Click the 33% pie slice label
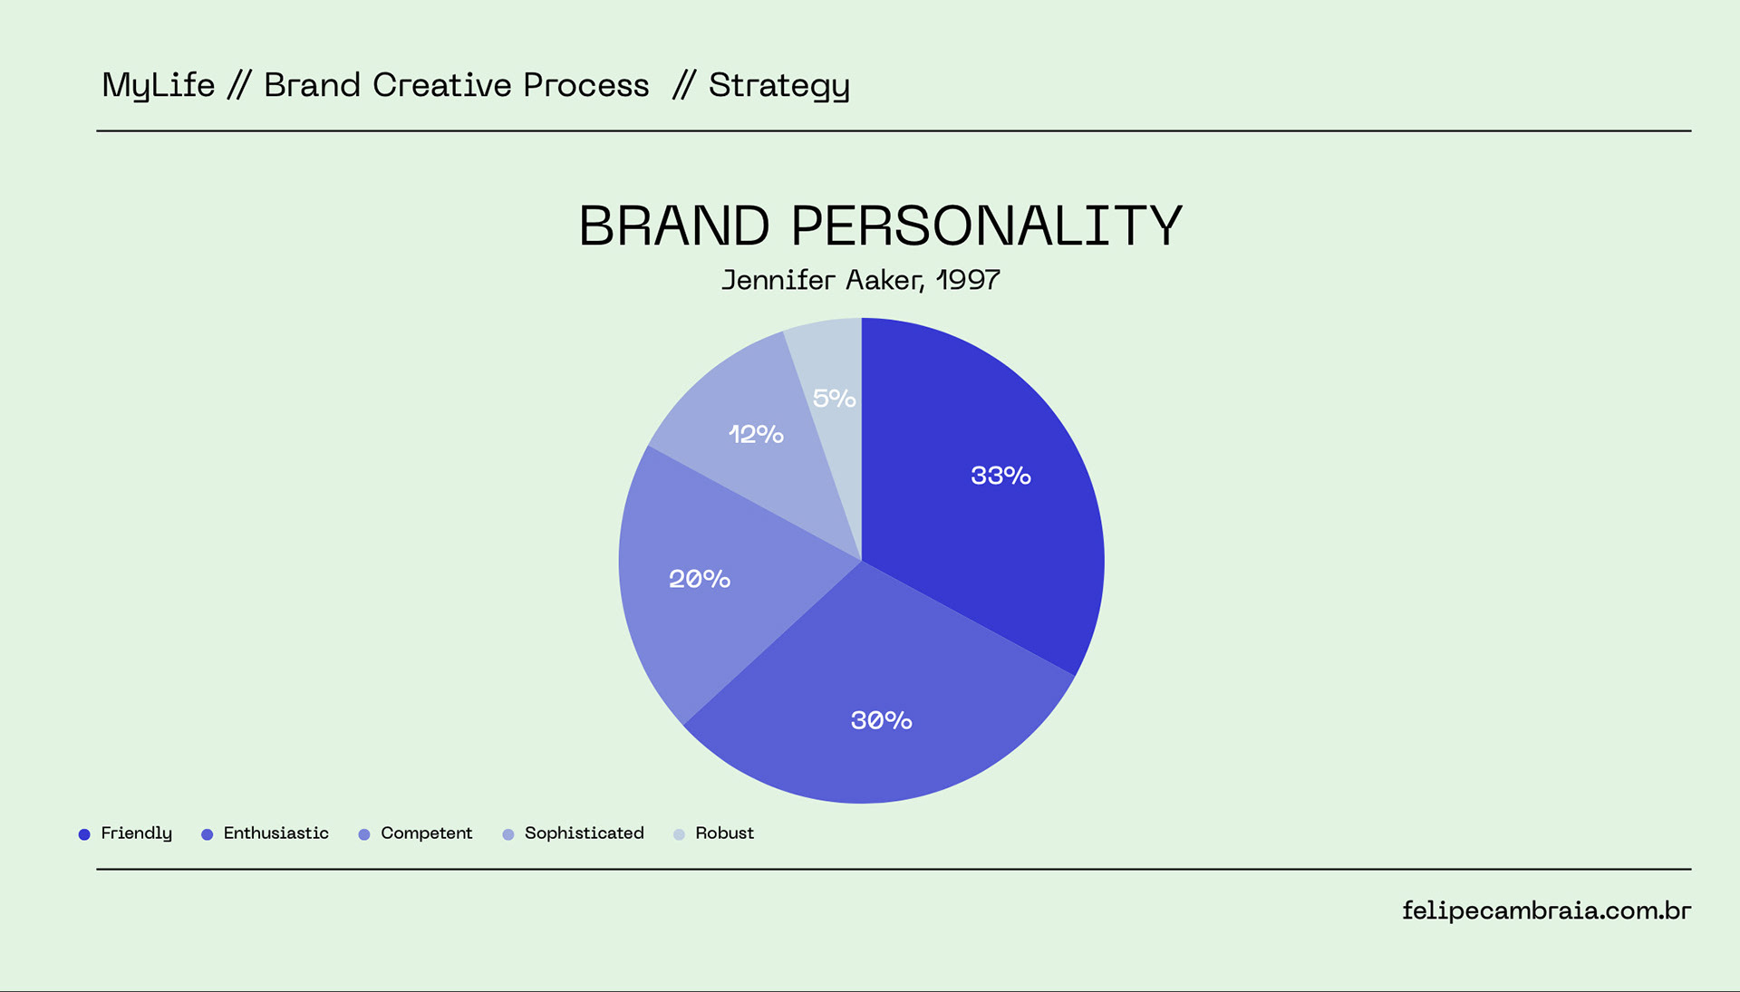click(x=1000, y=476)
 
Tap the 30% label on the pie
click(x=881, y=720)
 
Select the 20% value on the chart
click(x=700, y=579)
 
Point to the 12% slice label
click(x=756, y=434)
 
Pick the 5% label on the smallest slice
click(x=834, y=399)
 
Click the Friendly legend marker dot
click(x=84, y=834)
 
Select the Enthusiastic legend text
click(x=275, y=833)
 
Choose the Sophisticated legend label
click(x=584, y=833)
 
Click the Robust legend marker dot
click(x=679, y=834)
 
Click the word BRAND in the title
click(x=674, y=226)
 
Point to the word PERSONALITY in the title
click(x=987, y=226)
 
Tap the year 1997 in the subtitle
click(x=968, y=280)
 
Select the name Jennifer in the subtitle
click(x=778, y=280)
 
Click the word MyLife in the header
click(x=159, y=85)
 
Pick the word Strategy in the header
click(x=779, y=86)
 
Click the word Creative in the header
click(x=442, y=85)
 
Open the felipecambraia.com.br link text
click(x=1546, y=910)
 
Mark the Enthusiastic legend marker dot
click(x=207, y=834)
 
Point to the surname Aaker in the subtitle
click(x=884, y=280)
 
